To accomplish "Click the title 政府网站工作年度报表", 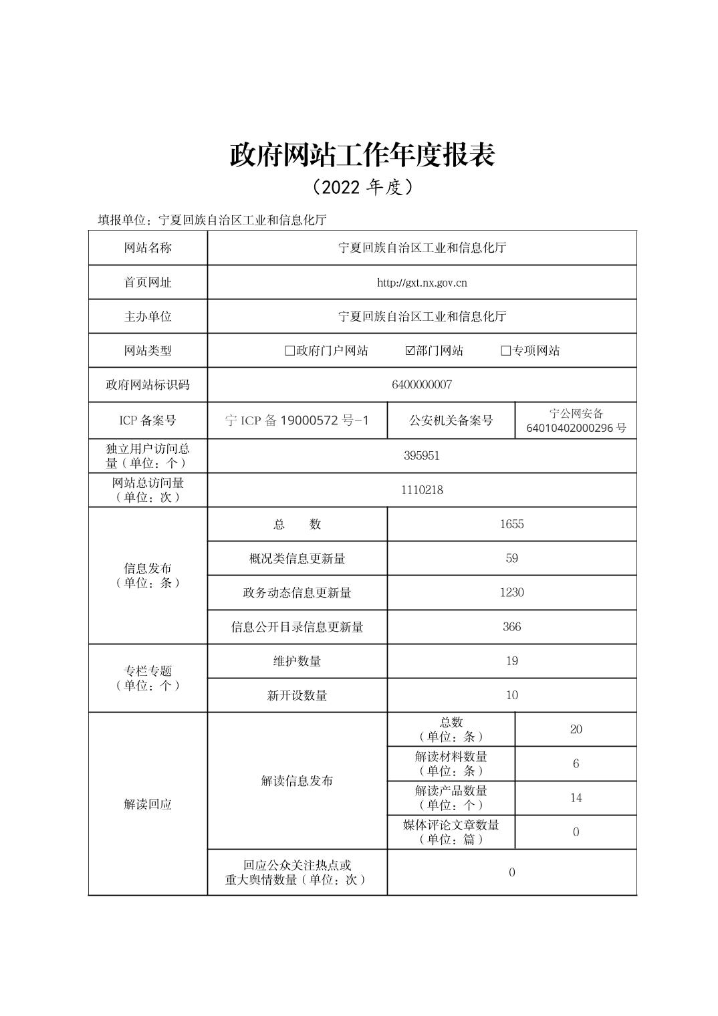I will coord(362,155).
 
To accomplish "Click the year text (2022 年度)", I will coord(362,187).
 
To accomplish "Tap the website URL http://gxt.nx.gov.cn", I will coord(422,283).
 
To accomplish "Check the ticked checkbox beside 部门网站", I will coord(410,351).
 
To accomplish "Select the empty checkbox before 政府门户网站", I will coord(289,351).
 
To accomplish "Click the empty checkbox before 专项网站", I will coord(505,351).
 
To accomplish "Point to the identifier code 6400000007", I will coord(422,385).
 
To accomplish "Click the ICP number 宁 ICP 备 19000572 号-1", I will coord(297,420).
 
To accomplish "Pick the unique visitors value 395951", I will coord(422,456).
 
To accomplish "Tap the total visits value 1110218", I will coord(422,490).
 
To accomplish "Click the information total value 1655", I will coord(511,524).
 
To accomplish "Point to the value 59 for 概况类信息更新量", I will coord(511,558).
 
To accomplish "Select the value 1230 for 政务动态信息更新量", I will coord(511,593).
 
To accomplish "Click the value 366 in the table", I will coord(511,627).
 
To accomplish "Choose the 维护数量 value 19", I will coord(511,661).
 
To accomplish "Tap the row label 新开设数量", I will coord(297,696).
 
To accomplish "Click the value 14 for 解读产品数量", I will coord(576,798).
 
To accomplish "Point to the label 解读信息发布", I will coord(297,781).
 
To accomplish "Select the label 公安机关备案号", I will coord(451,420).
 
